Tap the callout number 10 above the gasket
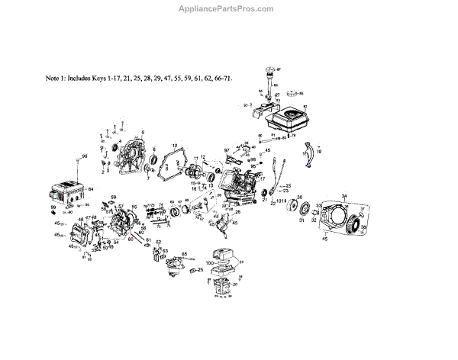(174, 145)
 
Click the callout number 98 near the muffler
(85, 156)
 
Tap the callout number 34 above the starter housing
(343, 196)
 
